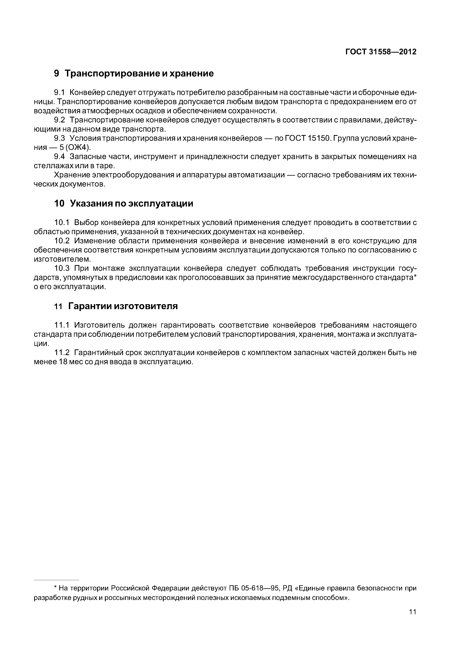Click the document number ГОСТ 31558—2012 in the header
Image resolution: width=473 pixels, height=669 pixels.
381,52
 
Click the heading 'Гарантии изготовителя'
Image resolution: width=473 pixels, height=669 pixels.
123,306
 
